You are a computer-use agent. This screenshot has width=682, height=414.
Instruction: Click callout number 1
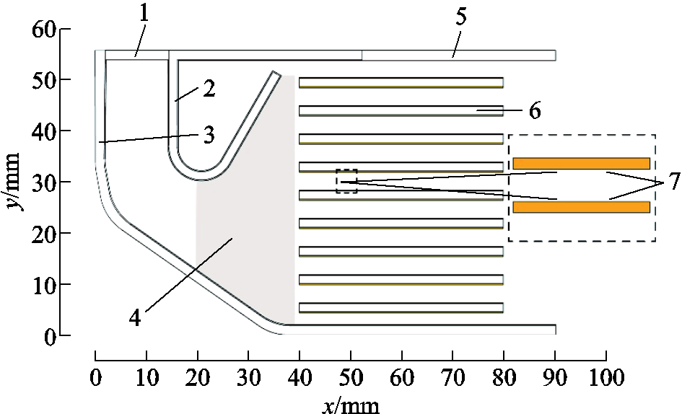[x=144, y=14]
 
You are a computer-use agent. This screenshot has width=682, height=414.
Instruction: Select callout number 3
[x=209, y=136]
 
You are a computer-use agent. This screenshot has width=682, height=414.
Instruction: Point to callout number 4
[x=135, y=318]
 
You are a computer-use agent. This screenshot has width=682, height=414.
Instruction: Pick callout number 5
[x=460, y=16]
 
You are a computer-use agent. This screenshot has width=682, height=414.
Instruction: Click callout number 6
[x=535, y=111]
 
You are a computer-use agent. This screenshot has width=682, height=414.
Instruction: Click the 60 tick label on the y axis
[x=44, y=30]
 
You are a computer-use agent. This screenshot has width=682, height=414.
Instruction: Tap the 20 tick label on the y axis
[x=44, y=234]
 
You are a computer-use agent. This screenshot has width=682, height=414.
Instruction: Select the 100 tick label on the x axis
[x=606, y=377]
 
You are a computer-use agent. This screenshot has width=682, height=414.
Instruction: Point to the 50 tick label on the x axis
[x=351, y=377]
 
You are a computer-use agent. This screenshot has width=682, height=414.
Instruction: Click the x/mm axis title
[x=351, y=405]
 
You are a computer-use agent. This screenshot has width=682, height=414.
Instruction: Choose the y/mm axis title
[x=14, y=181]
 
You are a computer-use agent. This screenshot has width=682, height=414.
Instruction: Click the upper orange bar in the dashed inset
[x=582, y=163]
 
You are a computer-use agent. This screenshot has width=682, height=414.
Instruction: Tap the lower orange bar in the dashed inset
[x=582, y=207]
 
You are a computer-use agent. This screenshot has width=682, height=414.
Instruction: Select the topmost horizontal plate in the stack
[x=401, y=83]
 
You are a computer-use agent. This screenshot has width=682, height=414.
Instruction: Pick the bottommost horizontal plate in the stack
[x=401, y=308]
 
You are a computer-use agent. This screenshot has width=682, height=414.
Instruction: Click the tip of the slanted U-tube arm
[x=276, y=73]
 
